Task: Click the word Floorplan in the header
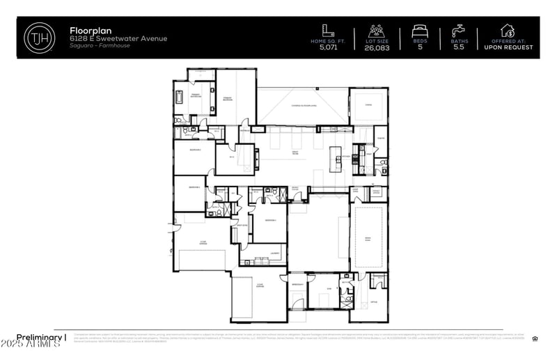[89, 31]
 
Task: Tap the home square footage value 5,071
[327, 47]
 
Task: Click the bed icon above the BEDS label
[420, 31]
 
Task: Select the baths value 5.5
[460, 47]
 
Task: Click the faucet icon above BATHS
[460, 31]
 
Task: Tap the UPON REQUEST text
[508, 47]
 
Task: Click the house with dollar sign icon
[508, 30]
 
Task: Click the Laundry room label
[274, 253]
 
